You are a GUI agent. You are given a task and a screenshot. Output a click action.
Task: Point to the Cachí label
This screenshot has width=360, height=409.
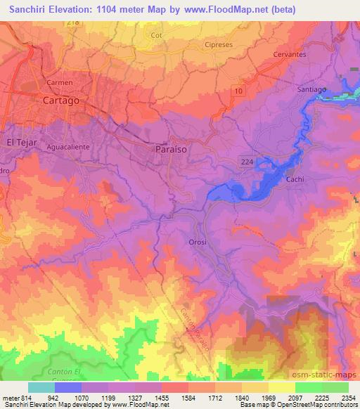295,180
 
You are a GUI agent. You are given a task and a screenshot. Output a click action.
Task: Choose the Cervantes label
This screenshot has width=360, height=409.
290,54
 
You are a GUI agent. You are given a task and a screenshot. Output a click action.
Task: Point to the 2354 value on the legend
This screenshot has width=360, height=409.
340,398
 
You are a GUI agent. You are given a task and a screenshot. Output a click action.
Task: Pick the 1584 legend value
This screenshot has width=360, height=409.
175,398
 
